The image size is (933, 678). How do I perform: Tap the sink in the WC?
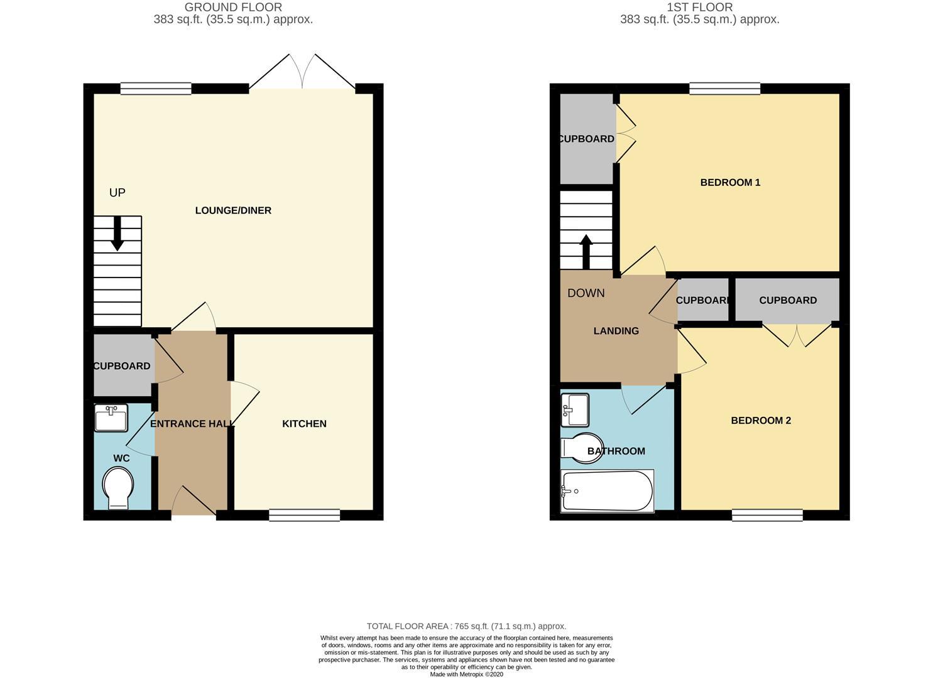click(111, 418)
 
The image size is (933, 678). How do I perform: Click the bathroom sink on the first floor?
click(575, 410)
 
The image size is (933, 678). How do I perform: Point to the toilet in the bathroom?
click(582, 448)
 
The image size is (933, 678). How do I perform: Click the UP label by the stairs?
click(117, 193)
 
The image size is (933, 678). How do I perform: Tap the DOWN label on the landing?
click(586, 293)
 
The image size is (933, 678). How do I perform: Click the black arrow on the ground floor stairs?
click(117, 234)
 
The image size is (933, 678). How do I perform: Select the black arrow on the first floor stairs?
click(586, 252)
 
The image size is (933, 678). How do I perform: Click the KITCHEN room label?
click(304, 424)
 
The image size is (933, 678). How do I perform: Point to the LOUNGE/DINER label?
click(233, 210)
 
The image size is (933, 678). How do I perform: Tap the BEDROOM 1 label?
click(730, 182)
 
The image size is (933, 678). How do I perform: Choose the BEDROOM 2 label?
click(761, 421)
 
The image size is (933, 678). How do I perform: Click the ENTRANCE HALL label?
click(192, 424)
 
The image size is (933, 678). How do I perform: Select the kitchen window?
click(305, 515)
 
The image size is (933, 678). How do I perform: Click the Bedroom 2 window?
click(768, 515)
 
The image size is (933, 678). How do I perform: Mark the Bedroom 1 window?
click(725, 89)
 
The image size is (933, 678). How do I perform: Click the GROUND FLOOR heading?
click(233, 7)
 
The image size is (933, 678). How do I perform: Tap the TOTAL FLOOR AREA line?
click(466, 626)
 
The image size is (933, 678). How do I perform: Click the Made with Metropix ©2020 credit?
click(466, 674)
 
